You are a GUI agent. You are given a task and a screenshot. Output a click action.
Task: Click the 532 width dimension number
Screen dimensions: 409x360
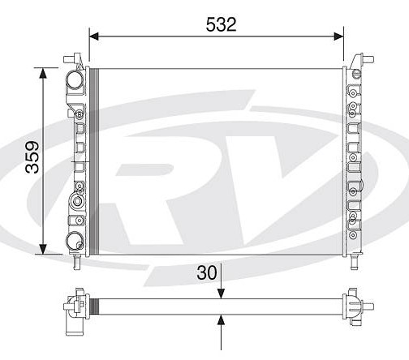pyautogui.click(x=221, y=24)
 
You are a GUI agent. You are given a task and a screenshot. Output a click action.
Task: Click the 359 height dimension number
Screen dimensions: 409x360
pyautogui.click(x=32, y=157)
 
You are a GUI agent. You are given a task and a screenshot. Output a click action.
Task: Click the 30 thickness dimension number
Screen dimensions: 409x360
pyautogui.click(x=207, y=272)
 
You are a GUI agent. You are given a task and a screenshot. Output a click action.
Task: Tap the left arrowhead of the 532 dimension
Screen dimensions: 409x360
pyautogui.click(x=94, y=36)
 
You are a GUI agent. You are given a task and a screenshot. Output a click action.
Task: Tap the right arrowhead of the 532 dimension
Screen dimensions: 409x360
pyautogui.click(x=338, y=36)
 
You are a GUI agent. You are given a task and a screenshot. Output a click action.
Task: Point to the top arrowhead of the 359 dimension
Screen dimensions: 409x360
pyautogui.click(x=43, y=73)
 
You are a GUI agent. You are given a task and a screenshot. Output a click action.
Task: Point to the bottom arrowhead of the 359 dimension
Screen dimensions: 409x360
pyautogui.click(x=43, y=249)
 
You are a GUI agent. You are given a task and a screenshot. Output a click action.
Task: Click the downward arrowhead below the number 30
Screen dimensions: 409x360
pyautogui.click(x=222, y=294)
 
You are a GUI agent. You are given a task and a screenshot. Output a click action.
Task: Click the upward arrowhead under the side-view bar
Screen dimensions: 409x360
pyautogui.click(x=222, y=319)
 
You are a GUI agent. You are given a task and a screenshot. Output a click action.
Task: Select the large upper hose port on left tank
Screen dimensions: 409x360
pyautogui.click(x=75, y=79)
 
